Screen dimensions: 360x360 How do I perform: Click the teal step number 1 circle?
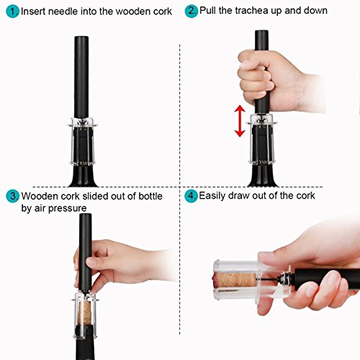12,12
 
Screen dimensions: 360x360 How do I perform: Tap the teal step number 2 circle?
192,11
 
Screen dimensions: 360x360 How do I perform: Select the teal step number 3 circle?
12,196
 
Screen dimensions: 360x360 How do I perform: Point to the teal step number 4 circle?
191,196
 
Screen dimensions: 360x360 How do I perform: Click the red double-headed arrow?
240,121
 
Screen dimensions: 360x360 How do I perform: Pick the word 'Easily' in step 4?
212,196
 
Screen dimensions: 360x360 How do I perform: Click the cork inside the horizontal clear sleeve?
235,280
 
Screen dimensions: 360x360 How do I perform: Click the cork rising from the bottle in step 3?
85,313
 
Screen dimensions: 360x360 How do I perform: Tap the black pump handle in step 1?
81,77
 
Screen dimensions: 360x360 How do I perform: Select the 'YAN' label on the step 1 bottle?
84,163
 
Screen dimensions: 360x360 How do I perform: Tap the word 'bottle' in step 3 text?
150,197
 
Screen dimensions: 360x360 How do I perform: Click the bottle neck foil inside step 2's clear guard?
261,143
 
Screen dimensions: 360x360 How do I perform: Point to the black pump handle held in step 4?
327,279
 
